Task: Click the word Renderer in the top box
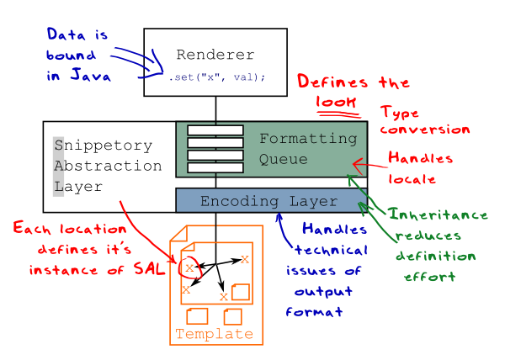215,56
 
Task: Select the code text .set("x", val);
216,77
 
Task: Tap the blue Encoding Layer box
268,202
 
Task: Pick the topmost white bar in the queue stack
215,130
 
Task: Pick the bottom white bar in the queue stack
215,168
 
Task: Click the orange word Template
214,334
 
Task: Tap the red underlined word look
332,101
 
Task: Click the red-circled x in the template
190,267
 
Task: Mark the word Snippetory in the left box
103,145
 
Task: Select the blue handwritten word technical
329,251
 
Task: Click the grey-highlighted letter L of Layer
58,187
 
